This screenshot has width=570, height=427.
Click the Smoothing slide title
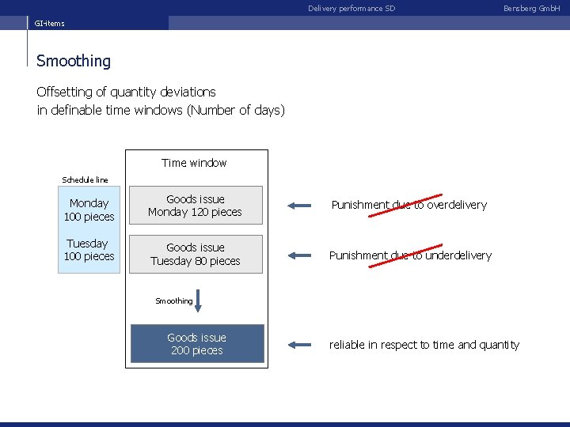tap(74, 61)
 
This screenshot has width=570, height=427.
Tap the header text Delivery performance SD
tap(351, 9)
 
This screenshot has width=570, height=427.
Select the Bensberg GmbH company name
tap(531, 9)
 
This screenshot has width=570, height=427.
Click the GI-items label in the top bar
tap(49, 24)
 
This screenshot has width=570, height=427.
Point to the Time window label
tap(194, 163)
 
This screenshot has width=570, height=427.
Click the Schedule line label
tap(85, 180)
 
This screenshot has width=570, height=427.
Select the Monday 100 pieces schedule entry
tap(89, 210)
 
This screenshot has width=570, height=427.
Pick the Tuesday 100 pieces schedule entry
tap(89, 250)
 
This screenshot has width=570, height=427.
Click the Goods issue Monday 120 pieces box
tap(196, 206)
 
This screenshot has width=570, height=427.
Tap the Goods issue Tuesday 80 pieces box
tap(196, 255)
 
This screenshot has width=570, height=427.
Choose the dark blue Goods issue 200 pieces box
tap(197, 344)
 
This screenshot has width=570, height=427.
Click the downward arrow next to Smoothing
tap(199, 301)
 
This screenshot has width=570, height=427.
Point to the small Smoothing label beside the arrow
tap(173, 301)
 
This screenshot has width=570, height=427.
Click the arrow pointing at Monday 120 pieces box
tap(300, 206)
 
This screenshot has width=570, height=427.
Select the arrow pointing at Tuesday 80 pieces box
tap(300, 255)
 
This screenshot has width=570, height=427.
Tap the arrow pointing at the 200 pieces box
tap(300, 345)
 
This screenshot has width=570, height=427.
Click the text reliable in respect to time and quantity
tap(424, 345)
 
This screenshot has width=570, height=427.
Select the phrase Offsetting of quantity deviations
tap(126, 92)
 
